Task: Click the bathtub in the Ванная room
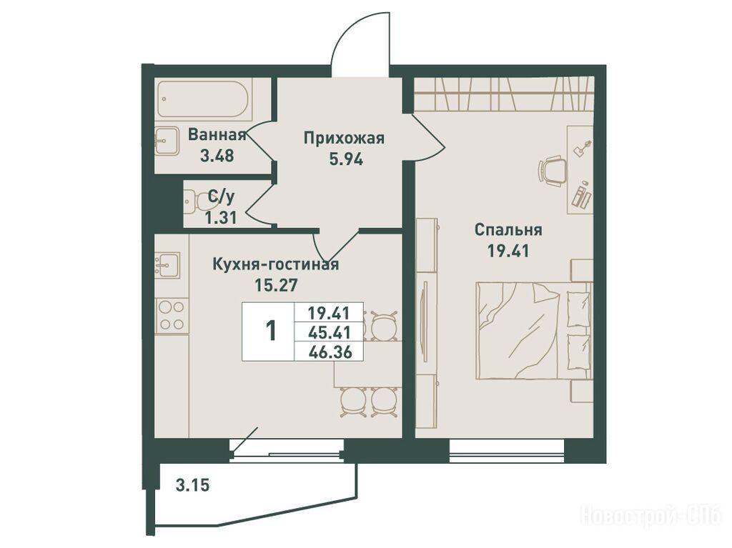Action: click(x=204, y=99)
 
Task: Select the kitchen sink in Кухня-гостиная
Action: click(x=167, y=265)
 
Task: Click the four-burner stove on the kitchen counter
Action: click(x=171, y=316)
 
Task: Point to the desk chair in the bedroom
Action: click(x=552, y=171)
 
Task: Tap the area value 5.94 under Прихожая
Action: click(x=346, y=159)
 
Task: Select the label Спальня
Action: click(x=508, y=230)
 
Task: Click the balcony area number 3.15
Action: click(x=192, y=485)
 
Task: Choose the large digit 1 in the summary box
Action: click(x=271, y=331)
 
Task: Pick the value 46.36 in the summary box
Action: click(x=329, y=352)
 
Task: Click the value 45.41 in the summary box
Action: click(x=329, y=332)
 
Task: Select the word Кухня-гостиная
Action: click(x=275, y=264)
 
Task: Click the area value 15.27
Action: click(x=276, y=284)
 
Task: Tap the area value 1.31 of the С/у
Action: click(x=221, y=217)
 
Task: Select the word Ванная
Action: click(x=217, y=135)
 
